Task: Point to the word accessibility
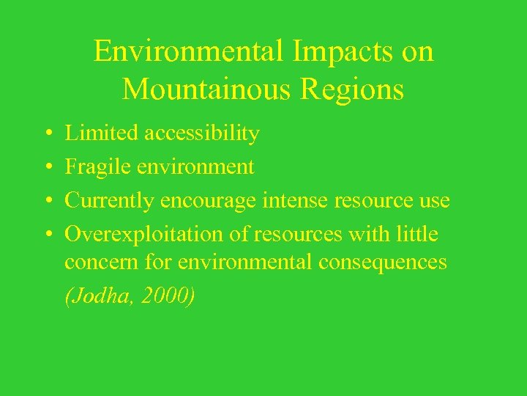point(202,133)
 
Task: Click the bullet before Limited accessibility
point(46,134)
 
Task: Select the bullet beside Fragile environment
point(46,168)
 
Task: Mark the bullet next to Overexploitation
point(46,235)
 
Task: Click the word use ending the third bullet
point(434,201)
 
